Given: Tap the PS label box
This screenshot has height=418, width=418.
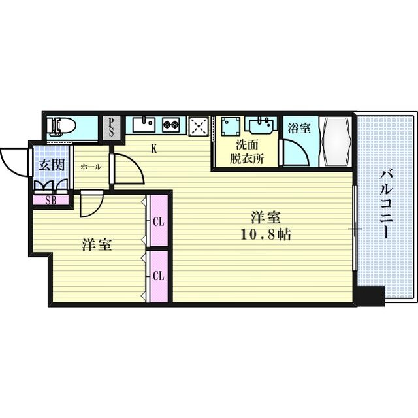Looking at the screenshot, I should tap(112, 125).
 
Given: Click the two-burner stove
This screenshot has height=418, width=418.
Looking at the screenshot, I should tap(172, 123).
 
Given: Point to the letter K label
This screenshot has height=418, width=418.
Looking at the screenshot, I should tap(154, 148).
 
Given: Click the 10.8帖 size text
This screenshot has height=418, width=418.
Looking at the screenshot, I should tap(269, 234).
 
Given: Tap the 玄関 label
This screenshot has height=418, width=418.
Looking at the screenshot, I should tap(52, 165).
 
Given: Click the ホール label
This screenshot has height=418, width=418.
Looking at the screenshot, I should tap(91, 167).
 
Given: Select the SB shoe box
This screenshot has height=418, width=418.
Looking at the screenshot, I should tap(50, 200).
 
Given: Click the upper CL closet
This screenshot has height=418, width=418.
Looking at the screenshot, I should tap(158, 221).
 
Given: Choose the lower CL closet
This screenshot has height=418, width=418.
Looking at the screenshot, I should tap(158, 276).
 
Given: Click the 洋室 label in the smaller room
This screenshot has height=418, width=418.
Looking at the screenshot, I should tap(97, 245).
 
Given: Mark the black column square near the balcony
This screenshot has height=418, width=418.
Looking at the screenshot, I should tap(370, 297).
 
